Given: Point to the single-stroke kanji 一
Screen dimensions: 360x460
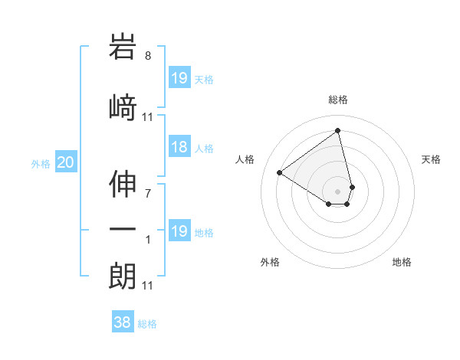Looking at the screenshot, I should coord(123,229).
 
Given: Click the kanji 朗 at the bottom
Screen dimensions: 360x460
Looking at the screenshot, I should coord(123,277).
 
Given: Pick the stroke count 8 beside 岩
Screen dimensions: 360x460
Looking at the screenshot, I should coord(148,56).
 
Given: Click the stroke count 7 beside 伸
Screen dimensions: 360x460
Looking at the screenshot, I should coord(148,194).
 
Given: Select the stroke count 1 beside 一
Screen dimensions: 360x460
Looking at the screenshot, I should coord(148,240).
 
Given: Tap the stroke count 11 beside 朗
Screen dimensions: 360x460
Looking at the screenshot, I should coord(148,286).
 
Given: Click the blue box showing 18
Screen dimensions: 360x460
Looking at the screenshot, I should coord(179,148).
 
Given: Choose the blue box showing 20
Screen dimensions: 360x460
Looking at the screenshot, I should coord(66,162).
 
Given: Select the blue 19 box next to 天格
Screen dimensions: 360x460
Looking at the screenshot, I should coord(179,78).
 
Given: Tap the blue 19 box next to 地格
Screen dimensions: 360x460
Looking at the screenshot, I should coord(179,231).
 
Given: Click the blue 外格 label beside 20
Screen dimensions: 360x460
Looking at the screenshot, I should coord(41,163).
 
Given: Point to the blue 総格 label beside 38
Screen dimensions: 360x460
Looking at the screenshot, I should coord(147,324).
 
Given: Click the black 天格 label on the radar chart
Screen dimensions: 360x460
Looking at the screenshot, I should coord(431,159).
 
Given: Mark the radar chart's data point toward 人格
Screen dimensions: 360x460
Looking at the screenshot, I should coord(280,173).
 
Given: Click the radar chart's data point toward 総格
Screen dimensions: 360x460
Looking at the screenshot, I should coord(337,130).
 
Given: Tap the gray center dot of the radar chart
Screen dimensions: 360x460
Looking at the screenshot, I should coord(338,191).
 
